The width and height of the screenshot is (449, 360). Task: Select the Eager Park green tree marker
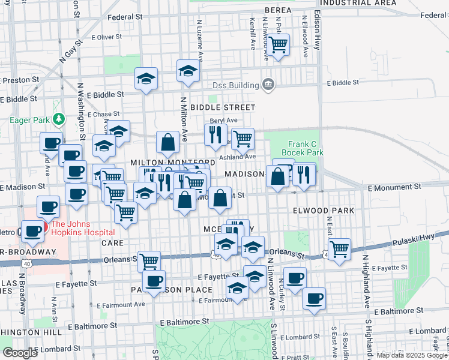[x=58, y=119]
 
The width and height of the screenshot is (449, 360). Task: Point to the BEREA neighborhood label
[x=278, y=10]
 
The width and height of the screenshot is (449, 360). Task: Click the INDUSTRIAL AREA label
[x=358, y=3]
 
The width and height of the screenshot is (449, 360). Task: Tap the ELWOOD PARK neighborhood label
[x=324, y=211]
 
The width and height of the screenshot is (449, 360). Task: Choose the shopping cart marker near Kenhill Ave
[x=278, y=44]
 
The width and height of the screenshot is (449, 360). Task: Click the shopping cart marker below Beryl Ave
[x=242, y=139]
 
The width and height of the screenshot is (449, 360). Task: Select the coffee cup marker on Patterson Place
[x=154, y=281]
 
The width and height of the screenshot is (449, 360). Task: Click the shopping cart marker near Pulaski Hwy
[x=339, y=248]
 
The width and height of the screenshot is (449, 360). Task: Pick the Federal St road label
[x=124, y=17]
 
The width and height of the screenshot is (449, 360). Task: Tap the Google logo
[x=20, y=353]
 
